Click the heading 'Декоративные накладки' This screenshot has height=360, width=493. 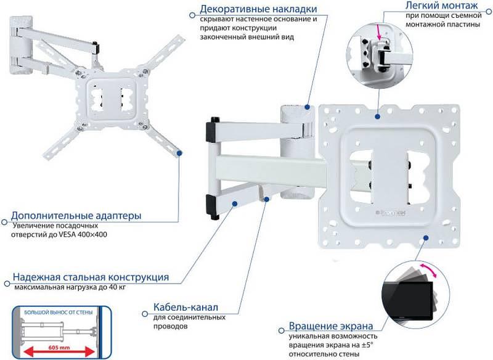point(259,9)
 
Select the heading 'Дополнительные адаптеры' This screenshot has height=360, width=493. point(76,216)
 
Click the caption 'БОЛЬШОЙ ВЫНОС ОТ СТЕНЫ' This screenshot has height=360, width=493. point(53,314)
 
